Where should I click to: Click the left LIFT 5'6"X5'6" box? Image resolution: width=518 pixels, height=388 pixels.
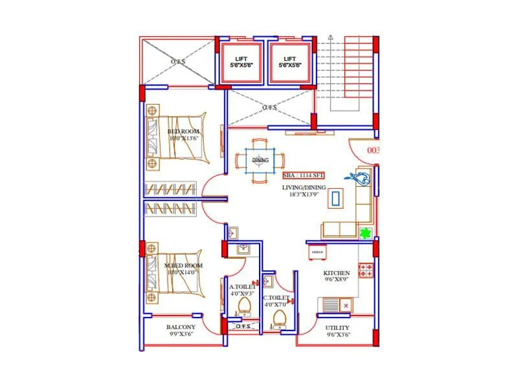click(x=242, y=62)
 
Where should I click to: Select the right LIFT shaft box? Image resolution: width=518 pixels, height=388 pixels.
click(x=290, y=62)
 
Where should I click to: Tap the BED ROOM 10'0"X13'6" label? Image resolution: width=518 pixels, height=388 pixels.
click(x=183, y=135)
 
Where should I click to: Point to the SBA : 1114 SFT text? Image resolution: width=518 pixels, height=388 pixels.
click(x=303, y=175)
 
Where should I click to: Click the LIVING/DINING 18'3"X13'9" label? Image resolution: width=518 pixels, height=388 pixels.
click(x=303, y=191)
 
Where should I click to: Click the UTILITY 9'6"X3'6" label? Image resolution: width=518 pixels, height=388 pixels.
click(x=337, y=331)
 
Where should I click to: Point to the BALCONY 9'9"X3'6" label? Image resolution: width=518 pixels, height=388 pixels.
click(x=181, y=330)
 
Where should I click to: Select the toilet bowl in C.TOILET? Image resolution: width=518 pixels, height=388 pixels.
click(x=280, y=318)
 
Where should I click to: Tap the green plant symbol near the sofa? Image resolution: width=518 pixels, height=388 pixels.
click(x=365, y=233)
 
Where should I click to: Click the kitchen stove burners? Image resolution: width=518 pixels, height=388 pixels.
click(x=366, y=270)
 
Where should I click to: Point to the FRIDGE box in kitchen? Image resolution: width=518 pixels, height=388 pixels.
click(x=317, y=252)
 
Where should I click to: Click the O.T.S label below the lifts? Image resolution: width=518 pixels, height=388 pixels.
click(x=269, y=107)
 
